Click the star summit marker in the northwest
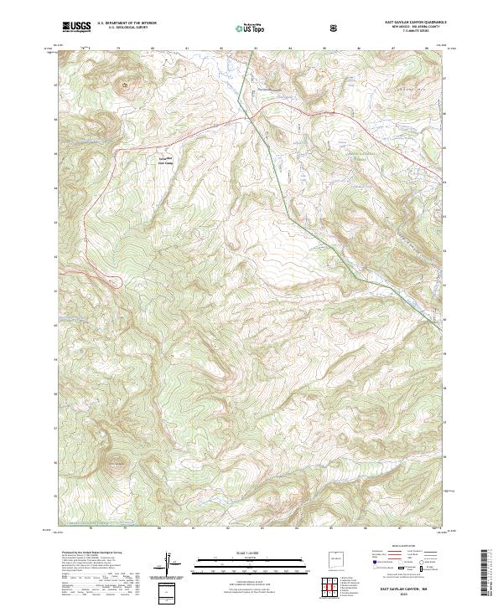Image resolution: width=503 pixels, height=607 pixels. (x=127, y=84)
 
